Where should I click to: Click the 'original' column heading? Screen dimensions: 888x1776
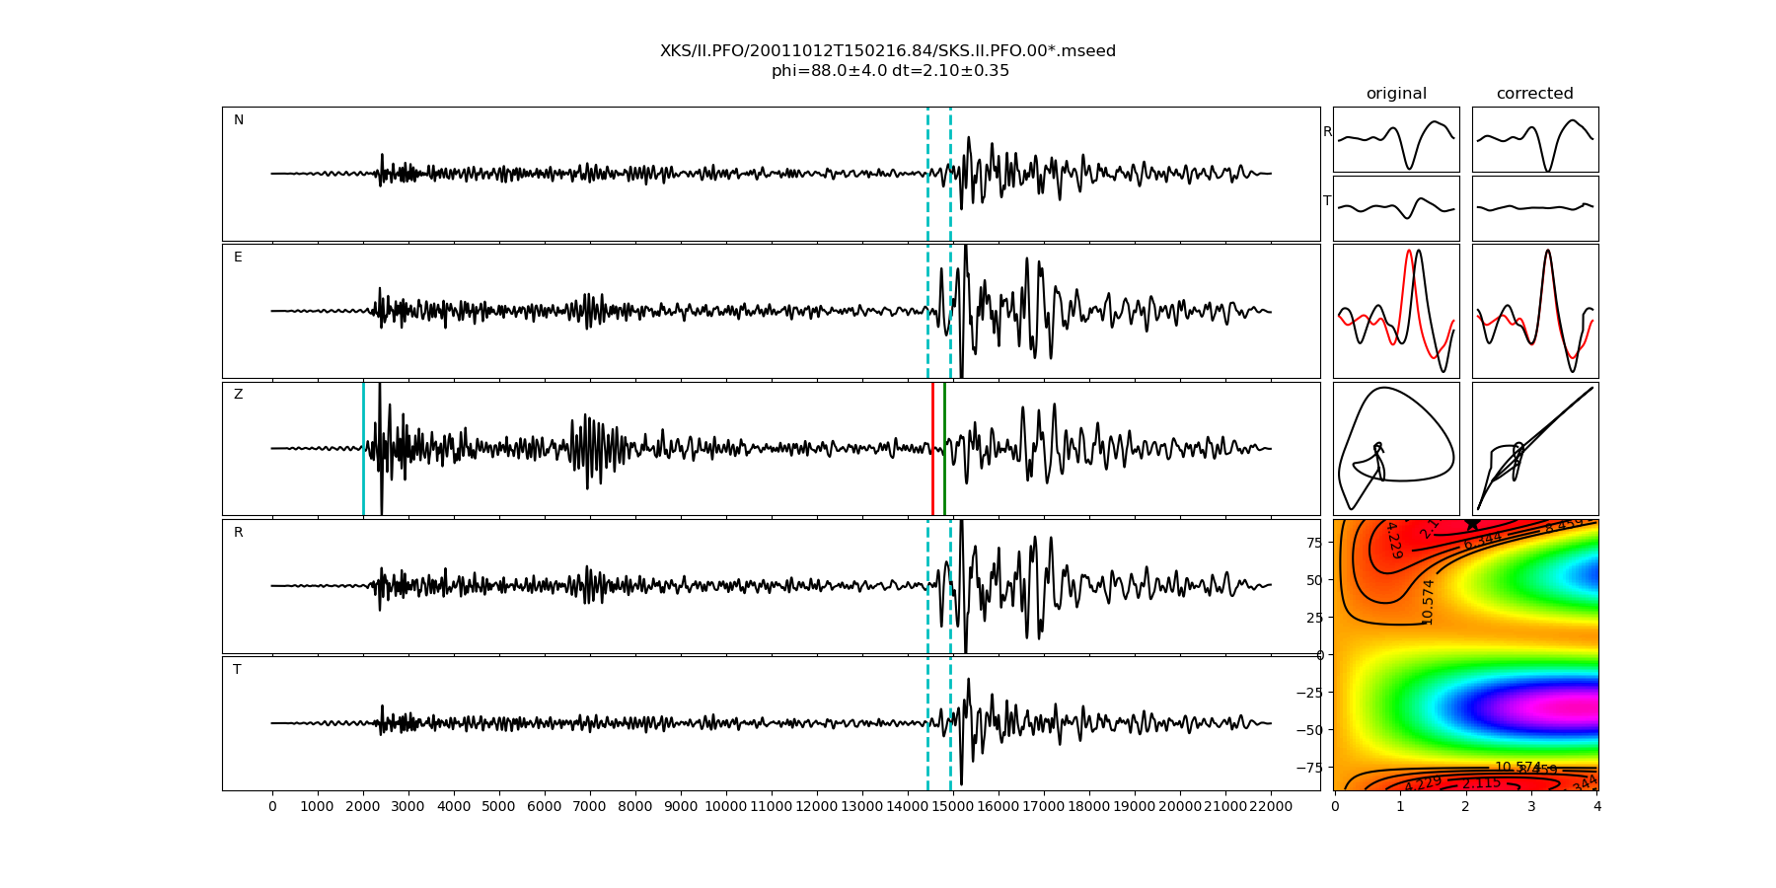[x=1396, y=94]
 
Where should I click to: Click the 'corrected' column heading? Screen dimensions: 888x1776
[x=1534, y=94]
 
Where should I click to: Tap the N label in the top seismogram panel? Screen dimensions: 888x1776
[x=238, y=120]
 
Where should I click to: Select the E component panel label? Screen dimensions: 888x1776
[x=238, y=258]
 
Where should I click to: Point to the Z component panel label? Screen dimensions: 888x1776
[x=238, y=395]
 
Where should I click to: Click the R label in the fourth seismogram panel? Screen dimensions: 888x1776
[x=238, y=533]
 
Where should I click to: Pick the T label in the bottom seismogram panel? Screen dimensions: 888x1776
[x=237, y=670]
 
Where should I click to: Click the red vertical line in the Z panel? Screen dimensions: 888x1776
[x=932, y=448]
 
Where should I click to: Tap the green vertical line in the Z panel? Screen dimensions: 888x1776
[x=944, y=448]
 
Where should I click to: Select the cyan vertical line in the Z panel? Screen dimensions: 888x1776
[x=363, y=448]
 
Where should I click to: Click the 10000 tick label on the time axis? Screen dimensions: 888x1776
[x=726, y=806]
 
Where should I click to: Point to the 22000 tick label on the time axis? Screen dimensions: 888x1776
[x=1271, y=806]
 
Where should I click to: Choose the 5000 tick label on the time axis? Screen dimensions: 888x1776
[x=499, y=806]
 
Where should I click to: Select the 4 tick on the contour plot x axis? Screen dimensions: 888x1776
[x=1597, y=806]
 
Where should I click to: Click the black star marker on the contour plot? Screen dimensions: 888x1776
[x=1472, y=524]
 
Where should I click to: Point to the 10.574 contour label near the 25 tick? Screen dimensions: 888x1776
[x=1428, y=601]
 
